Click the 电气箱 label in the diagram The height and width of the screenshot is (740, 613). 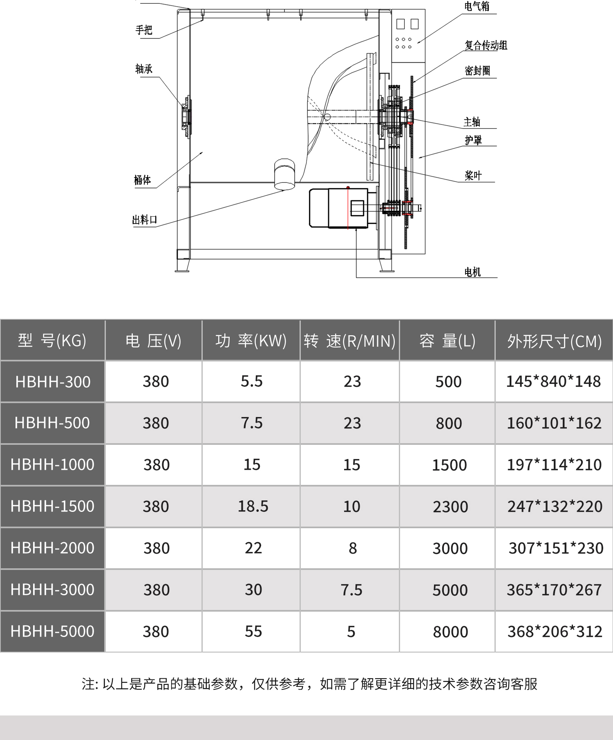pyautogui.click(x=477, y=7)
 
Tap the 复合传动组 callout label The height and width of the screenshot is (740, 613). pyautogui.click(x=486, y=45)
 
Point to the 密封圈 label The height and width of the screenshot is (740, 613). pyautogui.click(x=477, y=71)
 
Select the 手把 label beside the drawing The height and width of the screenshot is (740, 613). pyautogui.click(x=144, y=30)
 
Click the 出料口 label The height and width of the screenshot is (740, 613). pyautogui.click(x=145, y=220)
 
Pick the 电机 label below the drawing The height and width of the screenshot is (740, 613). pyautogui.click(x=473, y=272)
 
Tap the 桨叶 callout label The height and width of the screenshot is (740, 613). pyautogui.click(x=473, y=176)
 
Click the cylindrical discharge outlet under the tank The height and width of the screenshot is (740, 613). pyautogui.click(x=284, y=175)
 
